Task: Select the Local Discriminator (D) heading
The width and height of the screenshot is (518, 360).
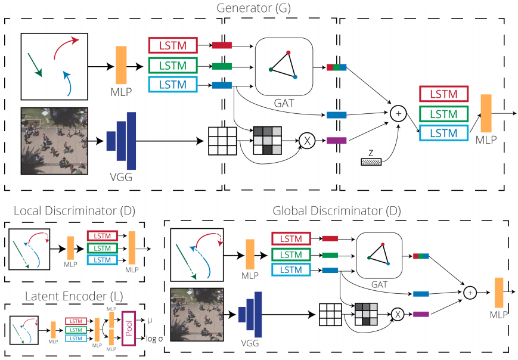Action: coord(67,211)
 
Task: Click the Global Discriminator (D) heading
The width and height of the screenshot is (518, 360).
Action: coord(337,210)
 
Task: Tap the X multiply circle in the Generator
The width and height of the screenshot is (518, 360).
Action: coord(307,141)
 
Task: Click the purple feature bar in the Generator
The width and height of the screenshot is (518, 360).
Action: coord(337,141)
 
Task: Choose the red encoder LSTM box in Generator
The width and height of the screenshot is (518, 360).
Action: coord(173,45)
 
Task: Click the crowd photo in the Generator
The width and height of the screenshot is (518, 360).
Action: coord(54,141)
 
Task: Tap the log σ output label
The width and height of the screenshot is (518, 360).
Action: coord(156,339)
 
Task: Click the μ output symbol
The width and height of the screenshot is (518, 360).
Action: coord(150,321)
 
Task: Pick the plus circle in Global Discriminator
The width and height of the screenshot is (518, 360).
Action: coord(470,292)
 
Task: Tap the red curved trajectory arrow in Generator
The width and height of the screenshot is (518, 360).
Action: coord(65,48)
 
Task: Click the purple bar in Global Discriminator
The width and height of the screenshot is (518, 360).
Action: coord(421,314)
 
